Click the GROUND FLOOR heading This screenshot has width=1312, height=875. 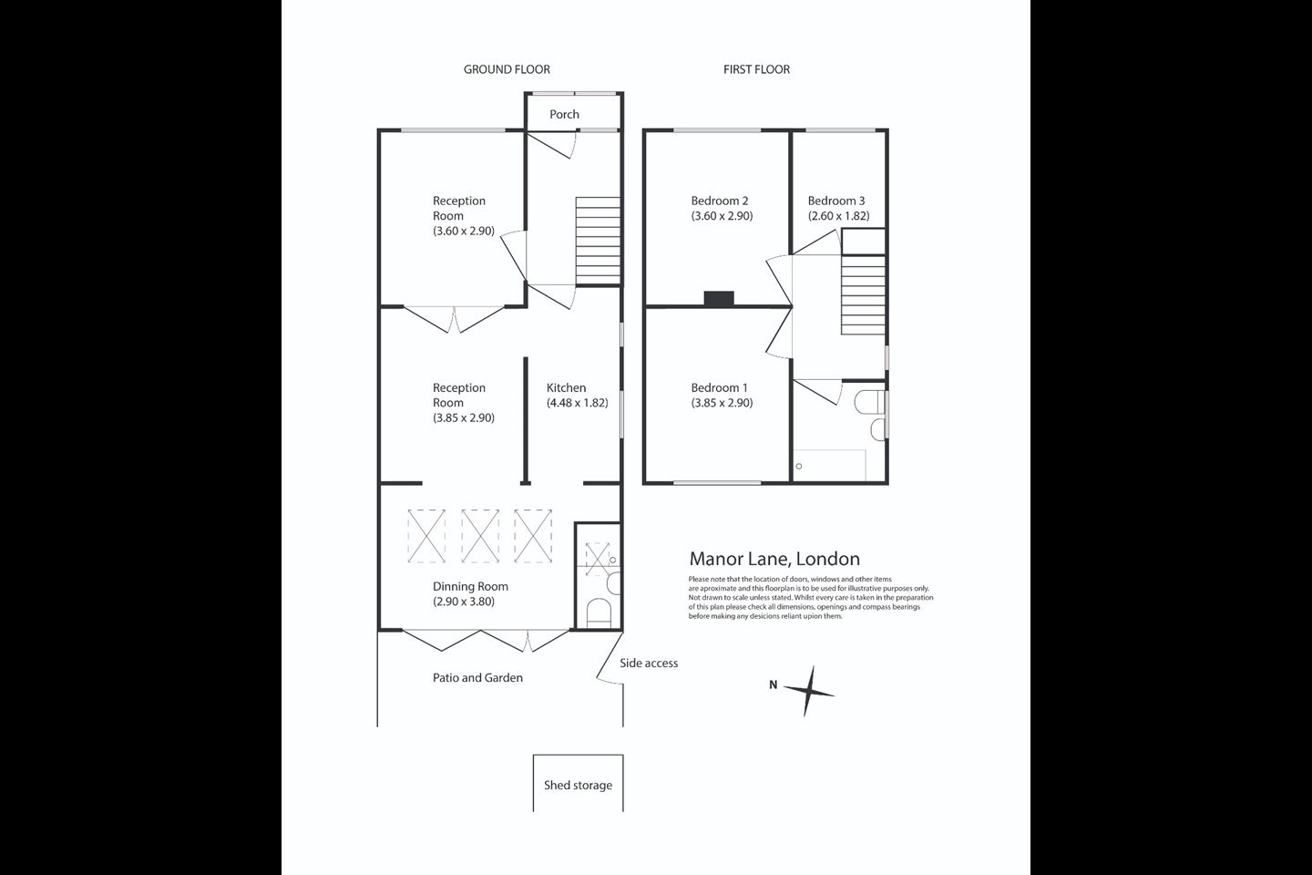[x=507, y=69]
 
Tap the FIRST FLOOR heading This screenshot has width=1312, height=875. [x=756, y=69]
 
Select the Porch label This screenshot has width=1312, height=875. [x=564, y=114]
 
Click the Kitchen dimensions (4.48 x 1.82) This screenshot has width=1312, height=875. [x=577, y=403]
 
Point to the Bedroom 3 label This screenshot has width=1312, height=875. [x=835, y=201]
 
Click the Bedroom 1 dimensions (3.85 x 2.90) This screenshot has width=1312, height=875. [x=722, y=403]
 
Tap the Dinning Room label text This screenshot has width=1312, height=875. [x=470, y=586]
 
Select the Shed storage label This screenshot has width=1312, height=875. [x=578, y=785]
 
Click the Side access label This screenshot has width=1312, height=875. [x=649, y=663]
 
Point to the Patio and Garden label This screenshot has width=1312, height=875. [x=477, y=677]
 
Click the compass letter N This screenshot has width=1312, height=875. [x=774, y=685]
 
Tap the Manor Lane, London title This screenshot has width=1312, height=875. [x=774, y=559]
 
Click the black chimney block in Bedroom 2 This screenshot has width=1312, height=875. [x=719, y=298]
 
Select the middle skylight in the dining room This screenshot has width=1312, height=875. [x=479, y=536]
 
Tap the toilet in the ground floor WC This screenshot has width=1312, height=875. [x=599, y=612]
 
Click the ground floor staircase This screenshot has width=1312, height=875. [x=598, y=241]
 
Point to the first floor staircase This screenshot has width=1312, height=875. [x=864, y=294]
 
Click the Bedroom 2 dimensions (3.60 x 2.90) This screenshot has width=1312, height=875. [x=722, y=216]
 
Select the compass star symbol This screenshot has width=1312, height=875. [x=809, y=691]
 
